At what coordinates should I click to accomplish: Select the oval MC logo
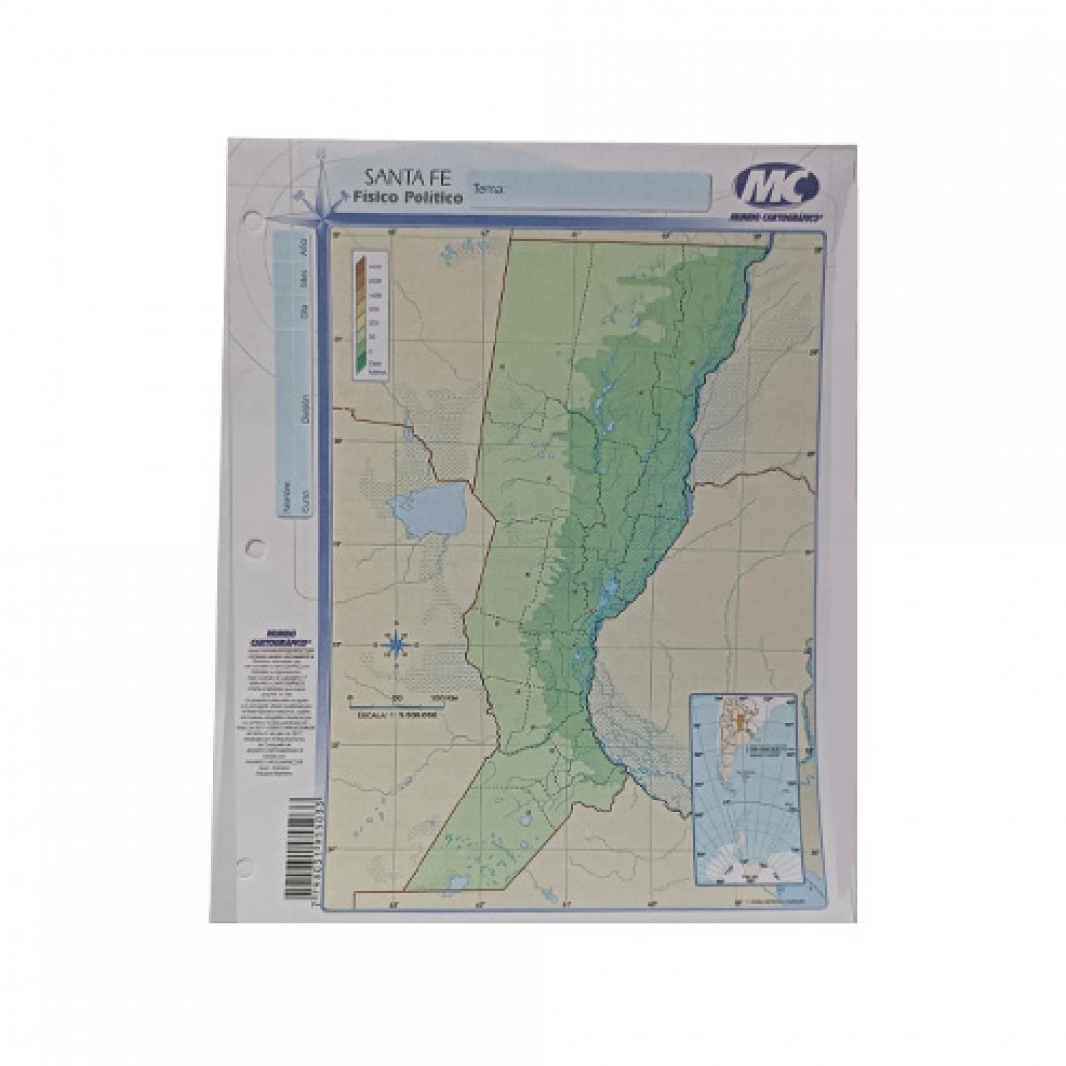[x=776, y=185]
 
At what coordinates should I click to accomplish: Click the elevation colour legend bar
[x=361, y=314]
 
